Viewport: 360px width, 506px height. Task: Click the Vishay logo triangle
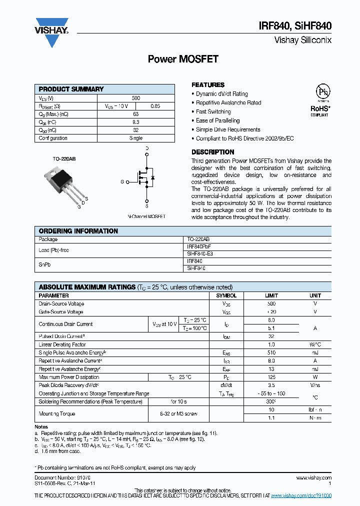coord(51,36)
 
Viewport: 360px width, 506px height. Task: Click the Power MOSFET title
coord(183,59)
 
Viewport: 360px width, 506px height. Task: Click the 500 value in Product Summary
coord(136,98)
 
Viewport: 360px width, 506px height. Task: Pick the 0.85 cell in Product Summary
coord(155,106)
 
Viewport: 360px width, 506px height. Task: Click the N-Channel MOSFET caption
coord(146,216)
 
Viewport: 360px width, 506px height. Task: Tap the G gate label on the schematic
coord(122,182)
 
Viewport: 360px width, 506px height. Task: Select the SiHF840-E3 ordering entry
coord(200,254)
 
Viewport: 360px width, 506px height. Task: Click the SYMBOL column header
coord(226,295)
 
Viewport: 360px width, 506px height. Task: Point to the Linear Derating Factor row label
coord(62,344)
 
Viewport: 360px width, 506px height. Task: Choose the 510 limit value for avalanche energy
coord(271,353)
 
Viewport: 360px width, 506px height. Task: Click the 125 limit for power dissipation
coord(271,377)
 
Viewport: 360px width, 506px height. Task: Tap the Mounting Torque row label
coord(57,413)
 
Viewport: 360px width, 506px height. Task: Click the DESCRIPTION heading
coord(213,152)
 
